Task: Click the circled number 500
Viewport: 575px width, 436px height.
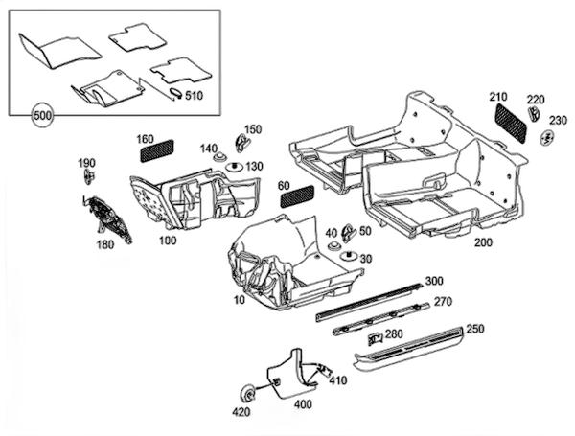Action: [42, 116]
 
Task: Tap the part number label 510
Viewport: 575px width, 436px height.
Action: [194, 96]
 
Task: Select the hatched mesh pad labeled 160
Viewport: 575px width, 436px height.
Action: [157, 150]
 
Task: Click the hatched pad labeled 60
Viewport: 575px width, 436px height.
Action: [297, 195]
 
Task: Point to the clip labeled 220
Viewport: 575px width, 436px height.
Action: [534, 113]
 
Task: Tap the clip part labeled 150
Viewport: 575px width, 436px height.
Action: [241, 143]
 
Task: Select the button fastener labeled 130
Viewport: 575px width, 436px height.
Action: [235, 167]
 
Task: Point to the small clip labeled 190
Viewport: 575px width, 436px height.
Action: [89, 177]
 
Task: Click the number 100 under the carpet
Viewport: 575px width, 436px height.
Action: [168, 241]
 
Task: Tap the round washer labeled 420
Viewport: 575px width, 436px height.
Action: [248, 394]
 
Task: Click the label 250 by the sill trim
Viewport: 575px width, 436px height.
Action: [475, 329]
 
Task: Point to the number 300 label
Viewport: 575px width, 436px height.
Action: [434, 281]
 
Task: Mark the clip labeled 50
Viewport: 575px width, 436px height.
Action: [348, 233]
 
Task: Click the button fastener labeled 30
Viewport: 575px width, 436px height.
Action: [349, 256]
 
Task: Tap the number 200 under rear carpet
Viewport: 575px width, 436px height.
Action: [483, 242]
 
